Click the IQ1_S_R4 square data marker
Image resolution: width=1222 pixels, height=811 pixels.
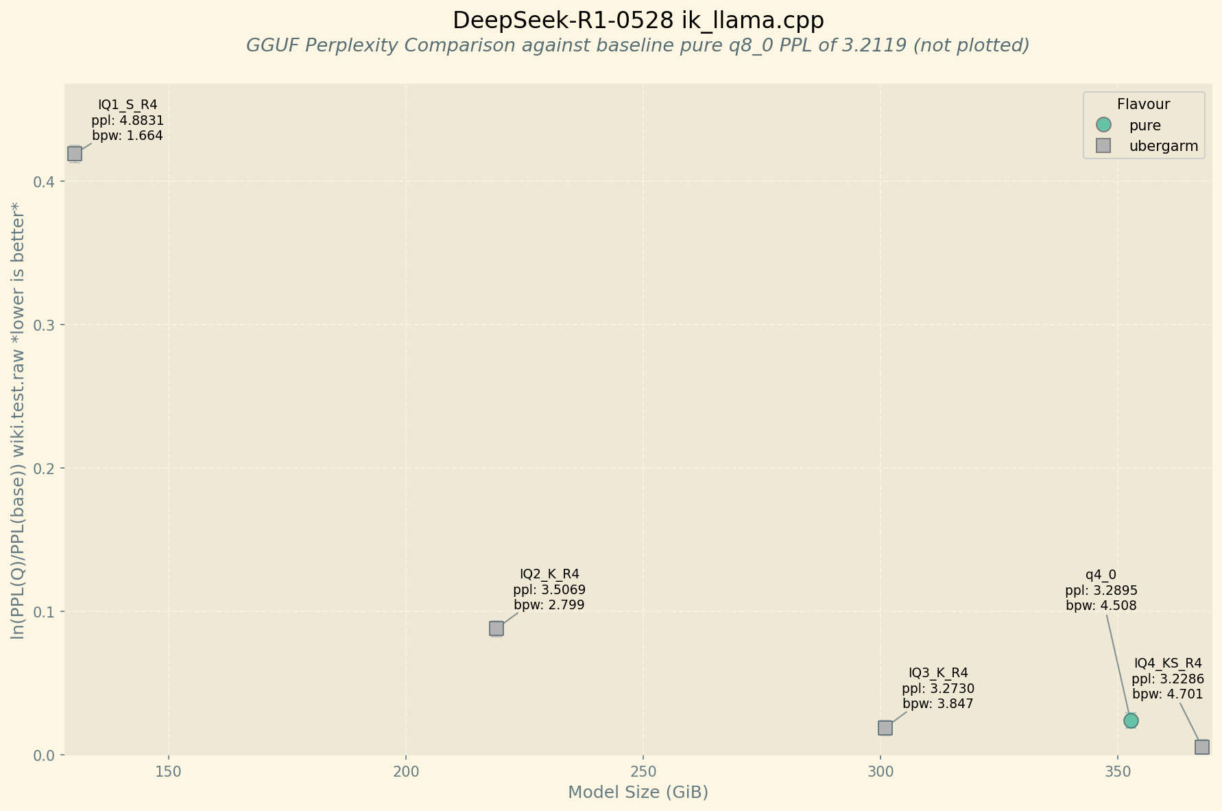point(75,153)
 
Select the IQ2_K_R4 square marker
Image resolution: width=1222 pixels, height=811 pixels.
point(496,628)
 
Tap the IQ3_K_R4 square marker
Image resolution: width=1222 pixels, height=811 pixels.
point(885,727)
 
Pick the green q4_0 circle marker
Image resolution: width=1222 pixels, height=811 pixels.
point(1131,720)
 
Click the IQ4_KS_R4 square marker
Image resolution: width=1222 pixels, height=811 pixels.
point(1202,747)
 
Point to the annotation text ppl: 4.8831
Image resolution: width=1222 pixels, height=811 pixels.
point(128,120)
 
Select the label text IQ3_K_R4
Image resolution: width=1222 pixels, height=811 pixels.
point(938,672)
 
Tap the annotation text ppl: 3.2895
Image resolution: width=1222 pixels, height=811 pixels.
point(1101,590)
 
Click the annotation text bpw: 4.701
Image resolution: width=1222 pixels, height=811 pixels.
point(1168,694)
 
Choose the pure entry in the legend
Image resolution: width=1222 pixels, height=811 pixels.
point(1145,126)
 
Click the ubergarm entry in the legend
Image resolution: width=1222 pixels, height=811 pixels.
point(1163,146)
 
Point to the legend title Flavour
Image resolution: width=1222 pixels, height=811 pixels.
point(1143,104)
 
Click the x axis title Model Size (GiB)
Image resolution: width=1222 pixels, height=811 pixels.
point(638,792)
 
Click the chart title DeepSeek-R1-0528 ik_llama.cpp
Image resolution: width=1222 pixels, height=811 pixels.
point(638,21)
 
